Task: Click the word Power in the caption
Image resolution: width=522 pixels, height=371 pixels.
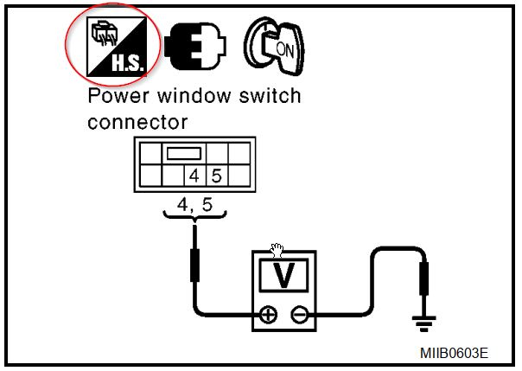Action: pos(118,96)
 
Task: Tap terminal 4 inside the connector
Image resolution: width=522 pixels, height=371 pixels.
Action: pos(197,176)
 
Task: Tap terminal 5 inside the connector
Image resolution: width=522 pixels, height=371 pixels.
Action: pos(216,176)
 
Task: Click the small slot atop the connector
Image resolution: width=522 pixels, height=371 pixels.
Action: pos(183,154)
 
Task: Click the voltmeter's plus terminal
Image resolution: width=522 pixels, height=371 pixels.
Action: pos(268,315)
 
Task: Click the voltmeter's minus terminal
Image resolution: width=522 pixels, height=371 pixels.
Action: pos(300,315)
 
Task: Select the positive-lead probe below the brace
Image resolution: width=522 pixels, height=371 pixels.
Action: pos(195,263)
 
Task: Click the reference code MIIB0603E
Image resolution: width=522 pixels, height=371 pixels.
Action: pos(455,354)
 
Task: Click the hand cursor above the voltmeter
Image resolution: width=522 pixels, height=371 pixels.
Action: pos(277,250)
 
